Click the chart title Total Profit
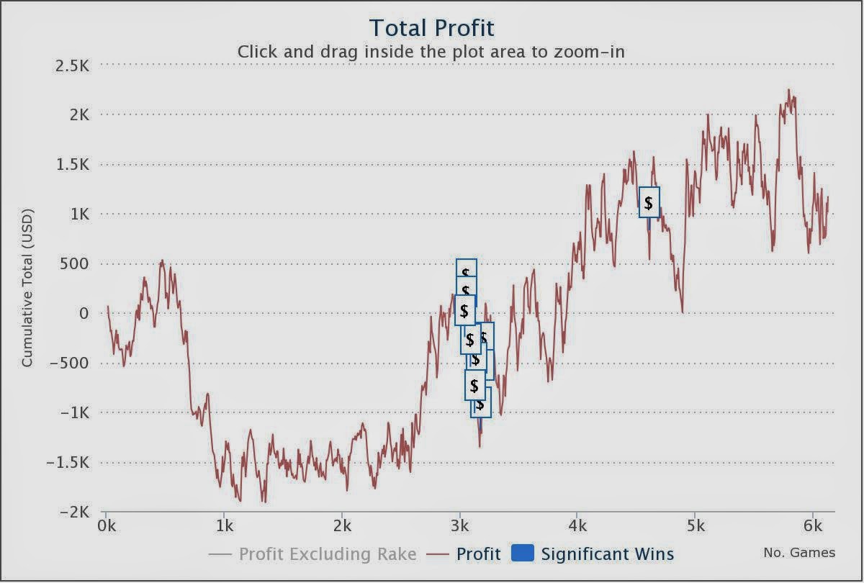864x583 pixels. tap(431, 28)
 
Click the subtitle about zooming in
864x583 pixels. tap(431, 52)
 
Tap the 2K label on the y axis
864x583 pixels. tap(76, 115)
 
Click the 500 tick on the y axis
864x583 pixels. tap(73, 264)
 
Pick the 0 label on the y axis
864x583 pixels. tap(84, 314)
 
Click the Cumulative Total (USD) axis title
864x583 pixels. tap(27, 294)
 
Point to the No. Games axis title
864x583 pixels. tap(799, 553)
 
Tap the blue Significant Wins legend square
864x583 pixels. tap(522, 553)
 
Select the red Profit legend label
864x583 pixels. tap(479, 554)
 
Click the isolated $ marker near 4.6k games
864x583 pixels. tap(649, 202)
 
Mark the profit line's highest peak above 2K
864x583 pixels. tap(789, 90)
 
